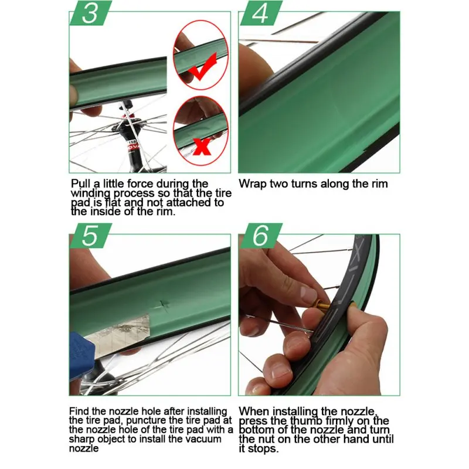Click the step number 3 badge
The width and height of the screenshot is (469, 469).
(91, 13)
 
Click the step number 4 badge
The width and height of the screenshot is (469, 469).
(261, 13)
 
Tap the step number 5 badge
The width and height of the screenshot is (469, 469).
(91, 236)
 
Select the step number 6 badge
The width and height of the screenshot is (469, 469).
(261, 236)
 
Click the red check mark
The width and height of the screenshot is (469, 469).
(203, 67)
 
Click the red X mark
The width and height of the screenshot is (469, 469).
(201, 146)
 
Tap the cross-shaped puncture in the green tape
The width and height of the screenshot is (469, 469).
(164, 304)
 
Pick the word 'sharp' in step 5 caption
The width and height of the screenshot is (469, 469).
(81, 439)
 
